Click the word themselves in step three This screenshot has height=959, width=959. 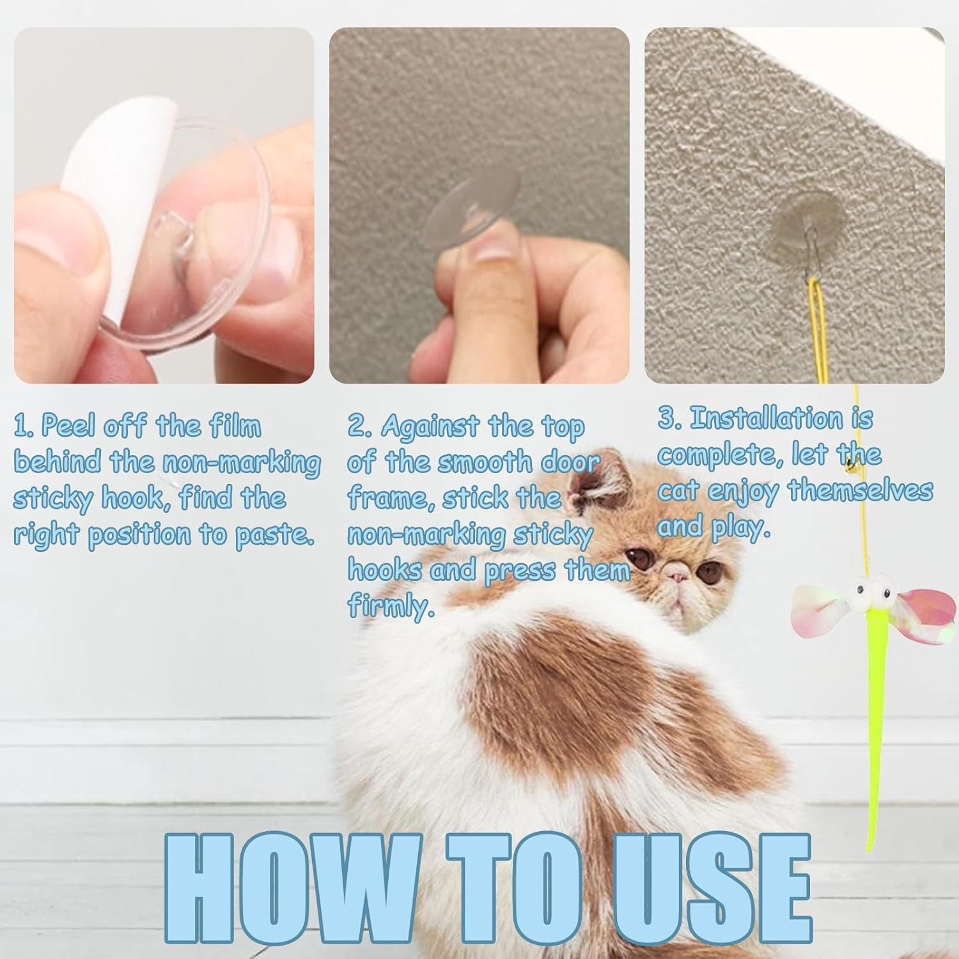click(860, 491)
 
